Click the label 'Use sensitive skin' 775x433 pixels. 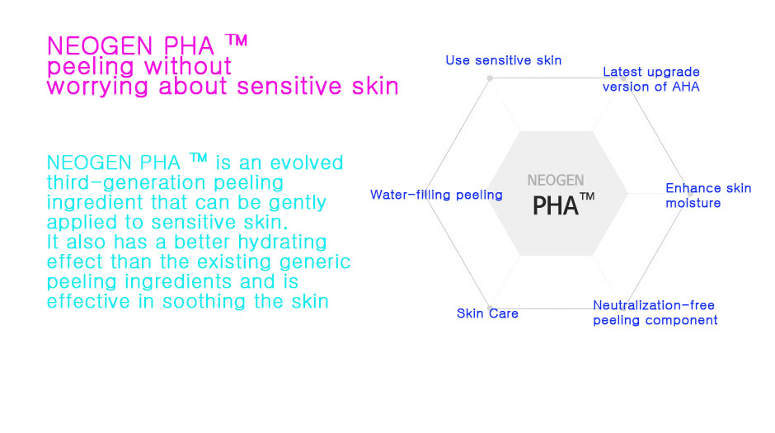tap(503, 60)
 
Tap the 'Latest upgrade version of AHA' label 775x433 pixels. tap(651, 79)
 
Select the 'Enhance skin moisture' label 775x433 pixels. tap(708, 195)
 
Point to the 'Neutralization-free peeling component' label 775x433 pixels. tap(655, 313)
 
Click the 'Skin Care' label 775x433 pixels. tap(487, 313)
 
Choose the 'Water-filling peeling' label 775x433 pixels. tap(436, 195)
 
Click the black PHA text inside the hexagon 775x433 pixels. tap(555, 205)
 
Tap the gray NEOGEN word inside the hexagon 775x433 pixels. tap(556, 181)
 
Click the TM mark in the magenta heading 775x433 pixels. tap(237, 40)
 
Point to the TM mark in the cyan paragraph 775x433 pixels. tap(198, 158)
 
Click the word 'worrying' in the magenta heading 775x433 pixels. tap(97, 87)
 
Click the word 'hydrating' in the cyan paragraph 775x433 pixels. tap(282, 242)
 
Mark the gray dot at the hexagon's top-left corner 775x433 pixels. tap(490, 78)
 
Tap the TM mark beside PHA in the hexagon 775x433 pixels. tap(587, 197)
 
